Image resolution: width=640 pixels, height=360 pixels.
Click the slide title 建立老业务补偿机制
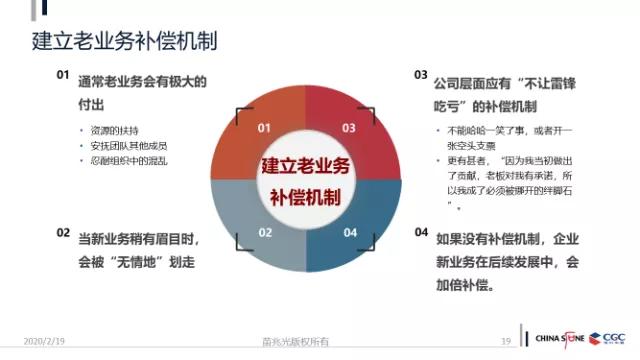(125, 42)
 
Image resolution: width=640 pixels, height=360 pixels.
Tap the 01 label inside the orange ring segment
(264, 128)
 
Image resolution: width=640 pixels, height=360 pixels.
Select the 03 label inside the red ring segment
(349, 128)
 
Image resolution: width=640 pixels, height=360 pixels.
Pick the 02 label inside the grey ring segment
(265, 233)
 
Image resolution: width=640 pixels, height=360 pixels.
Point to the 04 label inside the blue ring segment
(350, 233)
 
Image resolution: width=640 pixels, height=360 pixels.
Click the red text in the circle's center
(307, 180)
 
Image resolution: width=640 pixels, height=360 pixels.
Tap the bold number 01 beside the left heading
(62, 75)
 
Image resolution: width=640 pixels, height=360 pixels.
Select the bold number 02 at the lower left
(62, 233)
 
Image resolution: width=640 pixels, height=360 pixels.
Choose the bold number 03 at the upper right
(421, 76)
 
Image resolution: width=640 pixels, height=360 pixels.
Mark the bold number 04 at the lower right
(421, 233)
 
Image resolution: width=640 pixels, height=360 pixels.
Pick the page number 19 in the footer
(506, 342)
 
